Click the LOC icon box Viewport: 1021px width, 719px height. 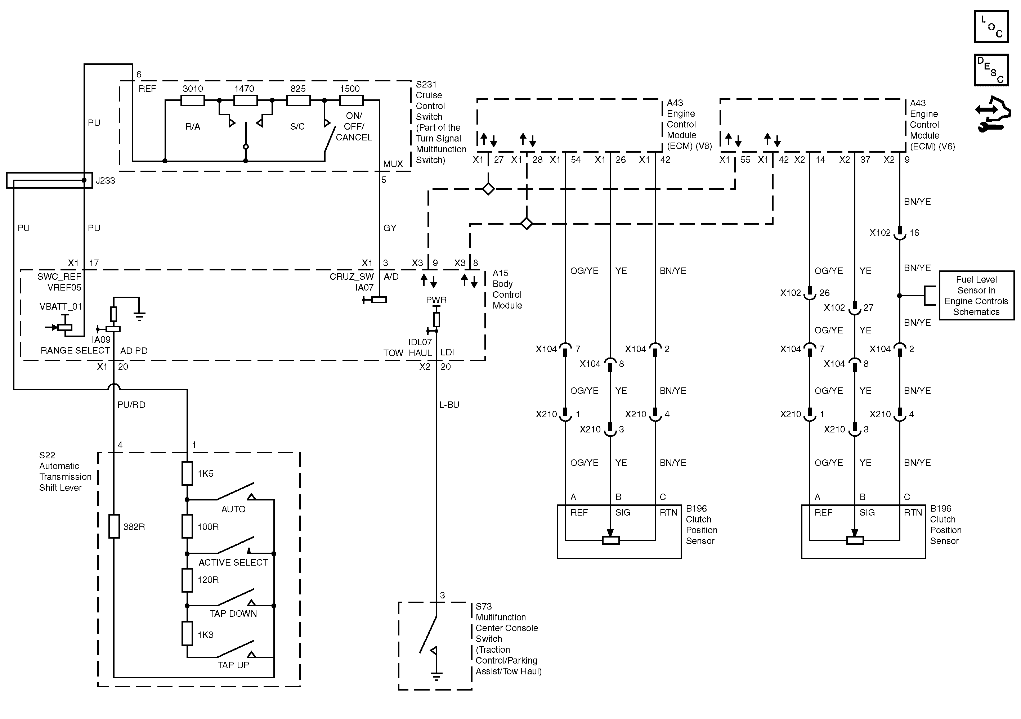click(x=991, y=27)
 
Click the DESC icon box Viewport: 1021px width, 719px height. click(x=991, y=70)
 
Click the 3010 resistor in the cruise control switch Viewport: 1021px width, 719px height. click(x=193, y=100)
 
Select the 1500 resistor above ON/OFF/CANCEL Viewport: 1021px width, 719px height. click(x=351, y=100)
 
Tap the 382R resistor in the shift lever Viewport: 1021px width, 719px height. click(x=114, y=526)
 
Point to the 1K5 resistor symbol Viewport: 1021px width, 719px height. click(x=187, y=473)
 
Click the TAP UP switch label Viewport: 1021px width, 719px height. click(x=233, y=665)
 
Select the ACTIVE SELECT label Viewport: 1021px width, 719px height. click(x=233, y=562)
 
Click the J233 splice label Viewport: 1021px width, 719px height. click(x=106, y=180)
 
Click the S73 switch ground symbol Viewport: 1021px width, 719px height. click(x=436, y=676)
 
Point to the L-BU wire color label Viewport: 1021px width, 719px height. click(x=449, y=405)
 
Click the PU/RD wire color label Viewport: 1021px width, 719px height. click(x=131, y=405)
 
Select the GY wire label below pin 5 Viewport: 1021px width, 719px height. click(x=390, y=228)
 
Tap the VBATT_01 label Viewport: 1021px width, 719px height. click(x=61, y=306)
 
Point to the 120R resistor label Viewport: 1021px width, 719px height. click(x=208, y=580)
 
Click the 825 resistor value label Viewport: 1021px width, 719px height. click(x=298, y=89)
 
